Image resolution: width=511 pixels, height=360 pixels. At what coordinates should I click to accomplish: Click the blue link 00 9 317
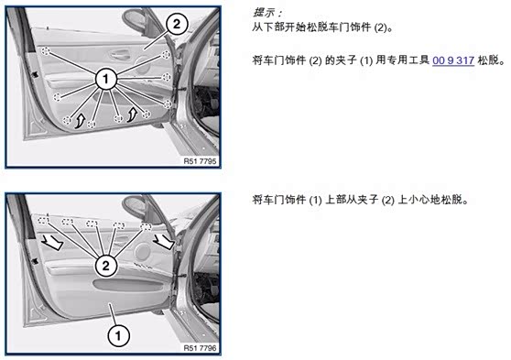[x=453, y=60]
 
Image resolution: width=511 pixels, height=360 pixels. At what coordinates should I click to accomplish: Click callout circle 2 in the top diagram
[x=177, y=24]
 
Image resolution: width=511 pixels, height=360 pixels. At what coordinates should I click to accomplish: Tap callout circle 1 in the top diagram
[x=105, y=79]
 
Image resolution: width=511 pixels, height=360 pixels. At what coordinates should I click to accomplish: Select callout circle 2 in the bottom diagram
[x=106, y=266]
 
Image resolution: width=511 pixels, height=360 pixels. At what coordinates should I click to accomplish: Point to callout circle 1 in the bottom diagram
[x=118, y=336]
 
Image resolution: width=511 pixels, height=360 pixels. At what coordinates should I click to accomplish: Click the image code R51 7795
[x=200, y=161]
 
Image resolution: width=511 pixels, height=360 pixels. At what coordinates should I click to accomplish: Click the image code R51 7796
[x=200, y=348]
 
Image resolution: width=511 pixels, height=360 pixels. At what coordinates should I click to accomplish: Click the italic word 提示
[x=264, y=13]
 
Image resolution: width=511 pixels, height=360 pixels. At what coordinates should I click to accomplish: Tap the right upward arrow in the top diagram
[x=132, y=115]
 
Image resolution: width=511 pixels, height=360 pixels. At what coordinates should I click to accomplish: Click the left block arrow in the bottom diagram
[x=52, y=242]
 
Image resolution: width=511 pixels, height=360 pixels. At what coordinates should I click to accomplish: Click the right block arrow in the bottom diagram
[x=163, y=242]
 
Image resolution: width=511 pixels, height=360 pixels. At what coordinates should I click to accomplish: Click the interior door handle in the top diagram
[x=120, y=54]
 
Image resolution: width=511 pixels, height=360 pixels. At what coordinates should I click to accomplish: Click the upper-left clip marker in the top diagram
[x=46, y=51]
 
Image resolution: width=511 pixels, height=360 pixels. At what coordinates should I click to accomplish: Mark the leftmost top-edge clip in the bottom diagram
[x=43, y=221]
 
